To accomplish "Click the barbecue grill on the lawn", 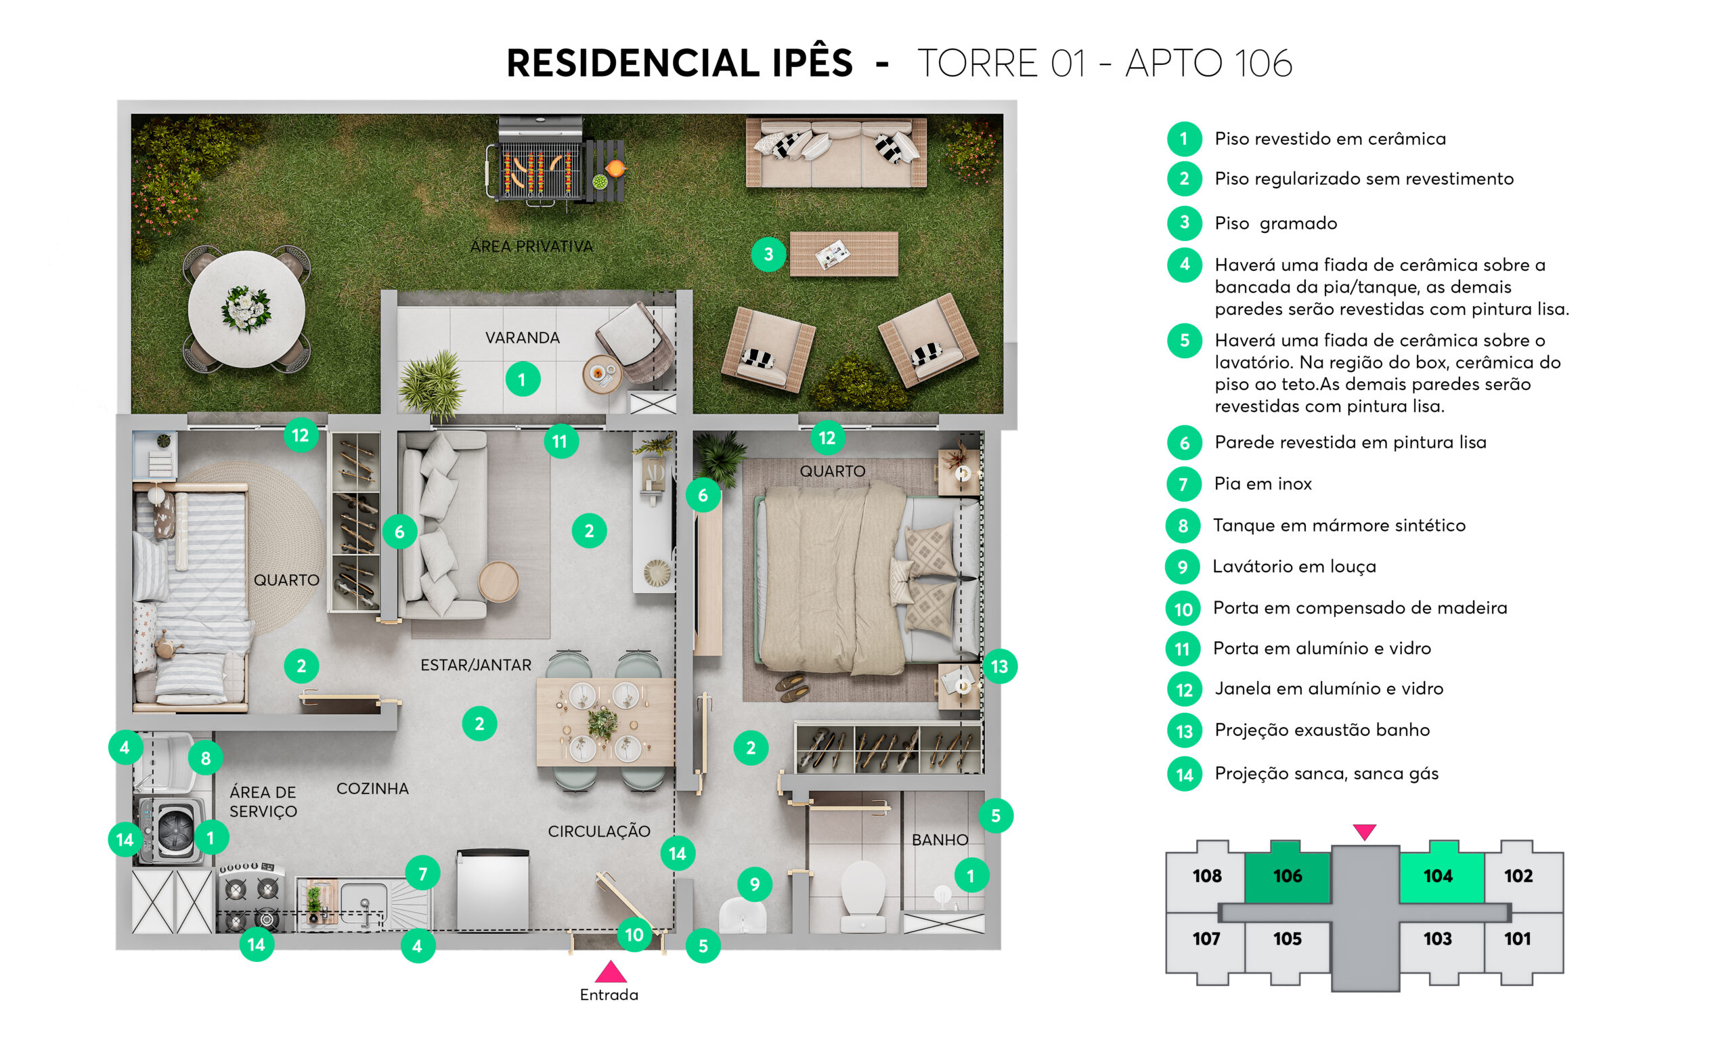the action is [540, 162].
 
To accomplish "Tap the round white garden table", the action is [246, 309].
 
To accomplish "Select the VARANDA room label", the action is [523, 338].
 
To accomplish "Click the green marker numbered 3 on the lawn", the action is [768, 255].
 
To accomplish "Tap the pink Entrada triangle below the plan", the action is [611, 972].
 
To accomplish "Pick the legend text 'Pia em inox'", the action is [1263, 483].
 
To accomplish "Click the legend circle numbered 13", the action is [1184, 731].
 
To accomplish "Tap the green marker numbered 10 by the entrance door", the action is [634, 935].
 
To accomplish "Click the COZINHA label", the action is [372, 788].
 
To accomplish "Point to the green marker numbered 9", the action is [754, 884].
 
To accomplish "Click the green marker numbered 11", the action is [561, 441].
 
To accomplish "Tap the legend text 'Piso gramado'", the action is [1275, 223].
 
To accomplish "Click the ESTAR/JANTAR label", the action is [476, 665].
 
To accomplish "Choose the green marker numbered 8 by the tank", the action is [206, 758].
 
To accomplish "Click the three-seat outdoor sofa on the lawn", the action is [837, 152].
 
